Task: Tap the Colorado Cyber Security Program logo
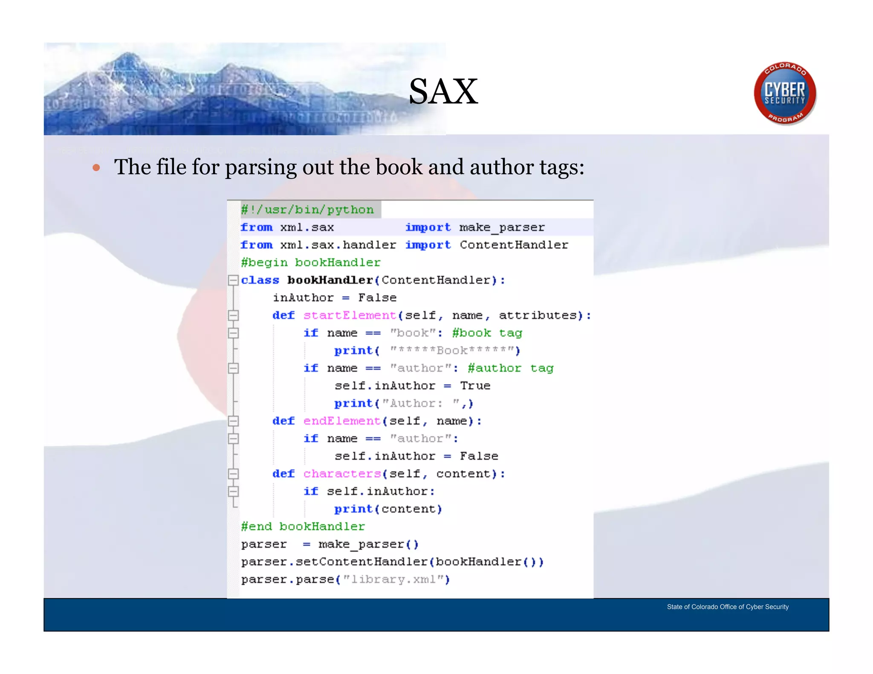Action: coord(785,93)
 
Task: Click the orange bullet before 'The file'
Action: coord(96,168)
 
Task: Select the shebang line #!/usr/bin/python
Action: coord(307,210)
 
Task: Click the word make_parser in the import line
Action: coord(502,228)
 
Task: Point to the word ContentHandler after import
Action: coord(514,245)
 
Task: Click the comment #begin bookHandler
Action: coord(310,262)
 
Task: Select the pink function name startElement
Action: coord(350,315)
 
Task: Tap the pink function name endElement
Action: coord(342,421)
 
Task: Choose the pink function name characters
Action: coord(342,474)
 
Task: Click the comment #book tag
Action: coord(487,333)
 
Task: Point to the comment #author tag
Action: coord(510,368)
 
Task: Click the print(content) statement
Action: coord(388,509)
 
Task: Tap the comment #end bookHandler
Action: coord(303,527)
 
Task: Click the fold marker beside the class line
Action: coord(233,280)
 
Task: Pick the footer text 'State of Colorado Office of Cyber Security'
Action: coord(728,607)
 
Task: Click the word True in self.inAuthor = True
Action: coord(475,386)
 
